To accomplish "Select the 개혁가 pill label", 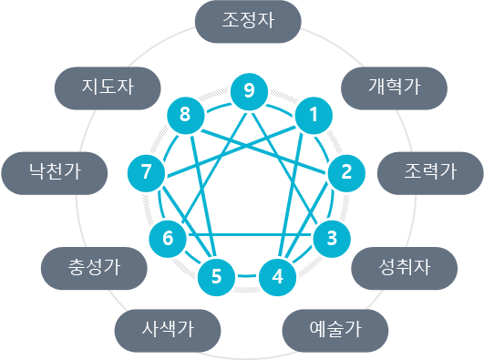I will [x=394, y=87].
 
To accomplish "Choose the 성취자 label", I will [x=404, y=266].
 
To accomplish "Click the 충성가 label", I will [x=95, y=268].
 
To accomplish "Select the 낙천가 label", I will [x=55, y=170].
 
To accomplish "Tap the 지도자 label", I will [x=108, y=87].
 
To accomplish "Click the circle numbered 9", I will [x=249, y=90].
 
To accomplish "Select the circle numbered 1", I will [x=313, y=115].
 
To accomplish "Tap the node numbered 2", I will [x=346, y=170].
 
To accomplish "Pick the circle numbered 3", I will [x=332, y=238].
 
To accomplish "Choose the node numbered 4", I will [x=278, y=273].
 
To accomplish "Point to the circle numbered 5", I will [x=216, y=273].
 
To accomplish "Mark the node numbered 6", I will [x=167, y=238].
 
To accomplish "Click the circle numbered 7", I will [x=146, y=170].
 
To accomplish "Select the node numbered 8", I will [x=185, y=115].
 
